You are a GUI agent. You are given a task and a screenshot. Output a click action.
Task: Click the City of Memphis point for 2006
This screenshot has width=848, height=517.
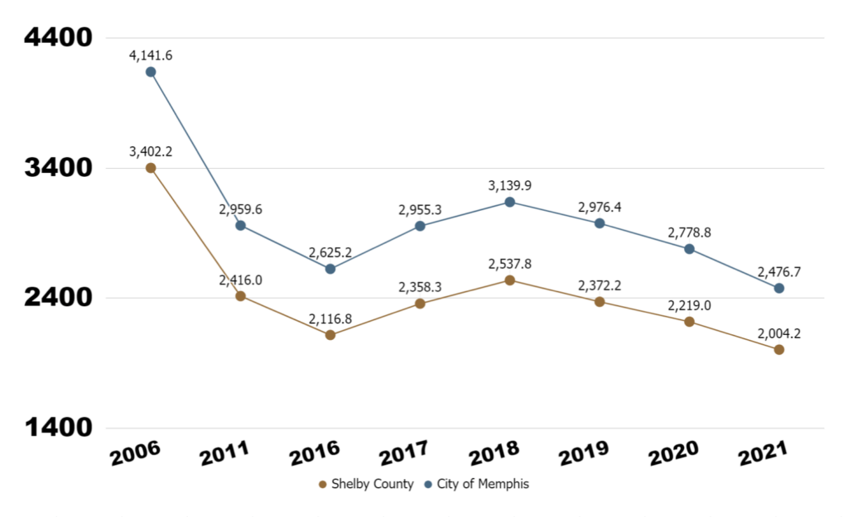151,72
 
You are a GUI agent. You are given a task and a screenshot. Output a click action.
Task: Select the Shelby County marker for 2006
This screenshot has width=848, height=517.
151,168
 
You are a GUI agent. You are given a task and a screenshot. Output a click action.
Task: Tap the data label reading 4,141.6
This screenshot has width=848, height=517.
151,55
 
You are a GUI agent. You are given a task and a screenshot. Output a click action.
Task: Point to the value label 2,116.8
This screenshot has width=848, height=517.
330,318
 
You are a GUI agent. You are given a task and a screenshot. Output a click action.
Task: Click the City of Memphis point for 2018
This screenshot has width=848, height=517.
510,202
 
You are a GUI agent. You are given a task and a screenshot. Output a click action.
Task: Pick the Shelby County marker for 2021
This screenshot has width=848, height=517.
779,350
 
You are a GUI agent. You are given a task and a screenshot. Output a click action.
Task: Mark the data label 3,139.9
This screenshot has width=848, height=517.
510,185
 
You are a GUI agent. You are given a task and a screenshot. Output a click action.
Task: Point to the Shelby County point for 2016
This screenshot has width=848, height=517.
330,335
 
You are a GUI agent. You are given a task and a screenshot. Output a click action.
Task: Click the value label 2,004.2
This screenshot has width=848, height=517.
779,333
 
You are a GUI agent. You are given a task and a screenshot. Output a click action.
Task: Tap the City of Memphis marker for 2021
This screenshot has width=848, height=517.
779,289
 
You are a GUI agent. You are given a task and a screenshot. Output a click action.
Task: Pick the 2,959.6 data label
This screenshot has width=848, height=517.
240,209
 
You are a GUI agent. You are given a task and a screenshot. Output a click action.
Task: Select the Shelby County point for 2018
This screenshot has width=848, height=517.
510,280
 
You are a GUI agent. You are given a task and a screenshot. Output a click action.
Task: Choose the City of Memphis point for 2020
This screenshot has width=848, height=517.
689,249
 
